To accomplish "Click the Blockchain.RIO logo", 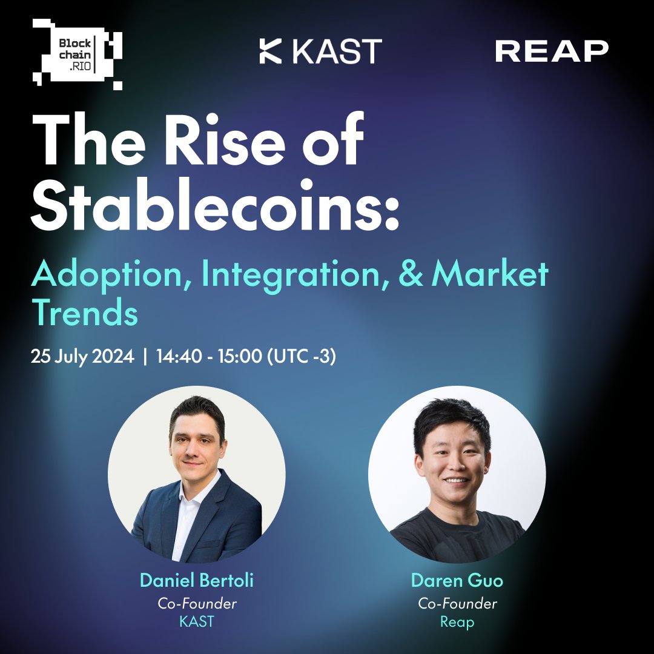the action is pyautogui.click(x=77, y=54).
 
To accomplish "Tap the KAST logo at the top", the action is pyautogui.click(x=320, y=51).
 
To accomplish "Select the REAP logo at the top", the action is pyautogui.click(x=552, y=51).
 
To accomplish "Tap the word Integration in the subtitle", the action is pyautogui.click(x=296, y=276).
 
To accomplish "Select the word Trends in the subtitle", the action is pyautogui.click(x=85, y=312).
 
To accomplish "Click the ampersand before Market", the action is pyautogui.click(x=411, y=274).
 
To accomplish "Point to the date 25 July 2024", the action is pyautogui.click(x=82, y=357).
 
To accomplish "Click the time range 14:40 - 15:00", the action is pyautogui.click(x=209, y=356).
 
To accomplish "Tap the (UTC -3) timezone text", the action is pyautogui.click(x=302, y=356).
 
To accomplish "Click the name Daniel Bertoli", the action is pyautogui.click(x=196, y=580).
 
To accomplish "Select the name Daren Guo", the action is pyautogui.click(x=457, y=580).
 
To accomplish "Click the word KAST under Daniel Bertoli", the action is pyautogui.click(x=196, y=621).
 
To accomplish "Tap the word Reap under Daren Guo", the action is pyautogui.click(x=457, y=623).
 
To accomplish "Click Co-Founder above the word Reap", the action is pyautogui.click(x=457, y=604).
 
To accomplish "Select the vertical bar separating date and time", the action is pyautogui.click(x=145, y=357).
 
